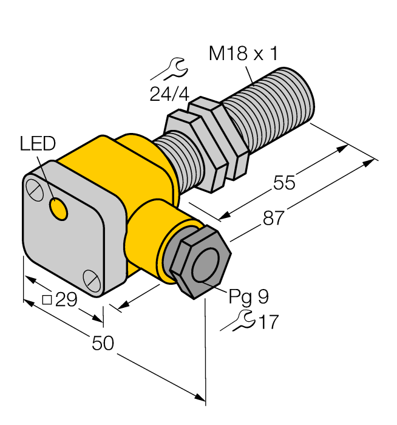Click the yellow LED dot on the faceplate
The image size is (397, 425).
click(x=59, y=209)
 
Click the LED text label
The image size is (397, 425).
click(x=37, y=144)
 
